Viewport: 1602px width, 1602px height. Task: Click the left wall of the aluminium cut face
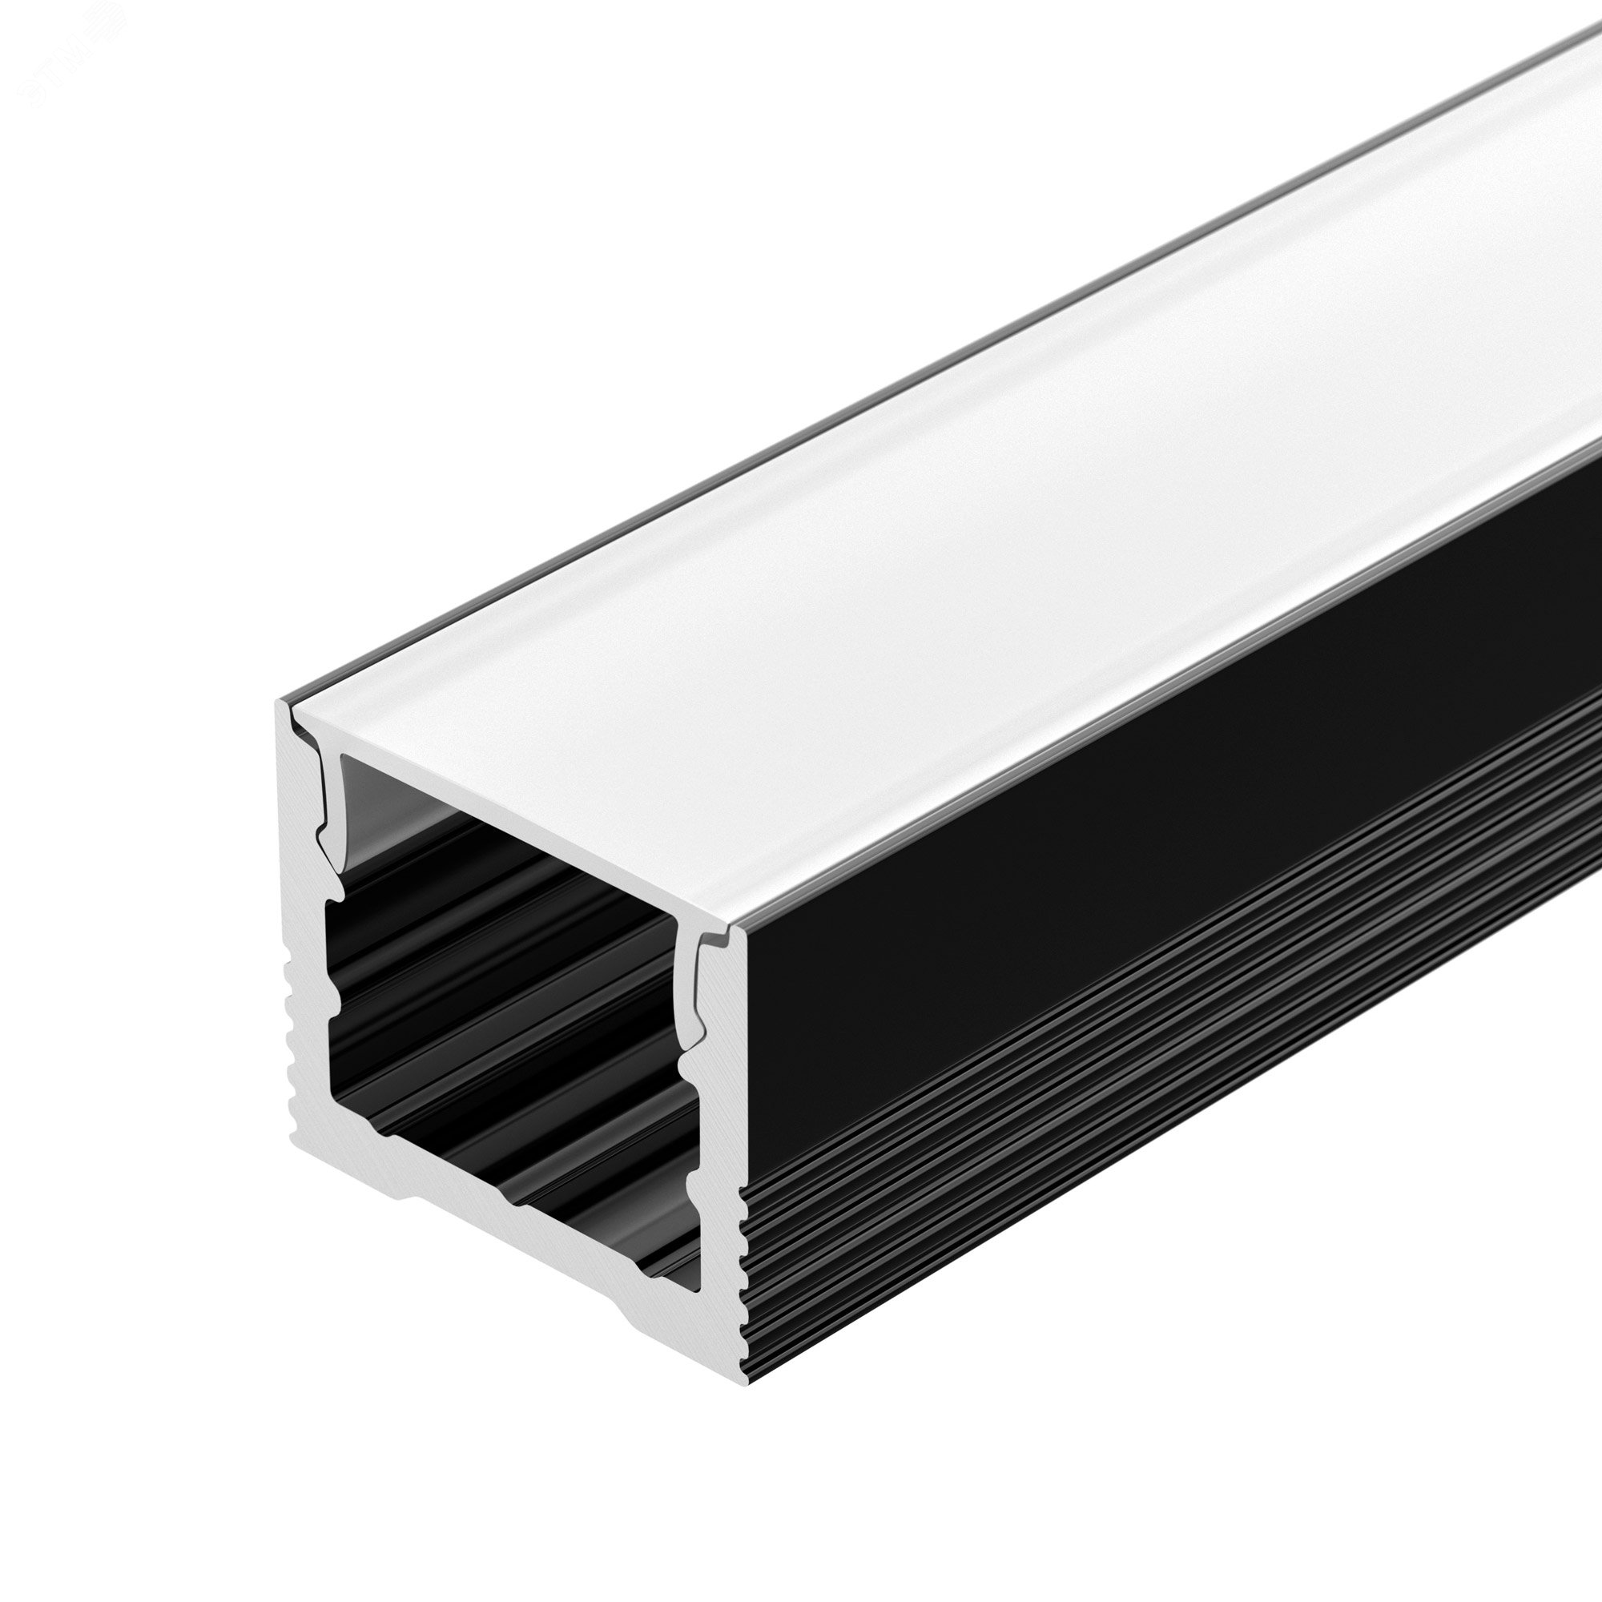coord(308,953)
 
